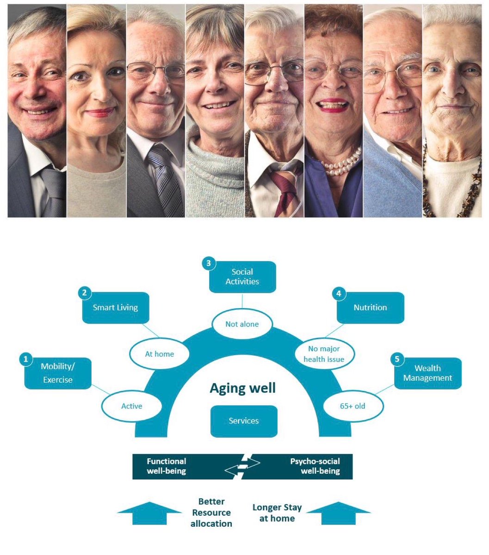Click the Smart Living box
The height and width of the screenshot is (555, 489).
tap(116, 308)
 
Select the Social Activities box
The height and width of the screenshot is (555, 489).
tap(242, 277)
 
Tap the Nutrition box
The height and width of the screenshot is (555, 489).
tap(370, 308)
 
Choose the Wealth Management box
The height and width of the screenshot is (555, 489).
tap(427, 373)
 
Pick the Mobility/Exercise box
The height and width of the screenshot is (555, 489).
tap(58, 373)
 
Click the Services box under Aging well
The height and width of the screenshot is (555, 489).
tap(244, 421)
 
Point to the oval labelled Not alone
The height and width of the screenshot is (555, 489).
tap(242, 324)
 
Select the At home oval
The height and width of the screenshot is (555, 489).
tap(160, 354)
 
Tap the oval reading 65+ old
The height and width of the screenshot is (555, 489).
tap(353, 406)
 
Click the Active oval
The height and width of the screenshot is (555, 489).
tap(132, 406)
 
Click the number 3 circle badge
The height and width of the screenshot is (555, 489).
tap(209, 264)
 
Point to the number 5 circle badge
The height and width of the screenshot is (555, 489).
tap(396, 359)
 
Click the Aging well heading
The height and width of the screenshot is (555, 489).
tap(243, 388)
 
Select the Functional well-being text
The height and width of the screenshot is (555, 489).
tap(166, 466)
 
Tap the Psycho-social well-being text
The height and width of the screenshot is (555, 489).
tap(315, 466)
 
